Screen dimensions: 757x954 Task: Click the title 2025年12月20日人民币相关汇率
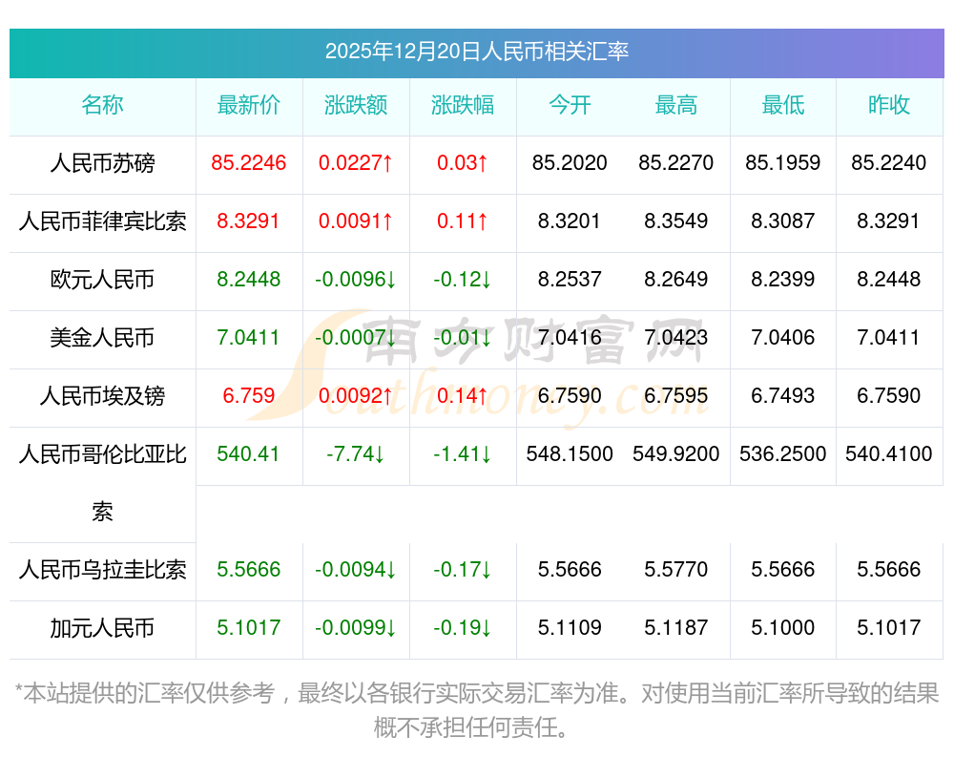coord(476,52)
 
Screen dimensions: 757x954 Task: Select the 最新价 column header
coord(249,105)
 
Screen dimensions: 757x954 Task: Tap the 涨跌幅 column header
coord(463,105)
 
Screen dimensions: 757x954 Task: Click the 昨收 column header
coord(889,105)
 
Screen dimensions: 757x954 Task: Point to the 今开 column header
coord(570,105)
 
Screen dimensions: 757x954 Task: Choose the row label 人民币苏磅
coord(102,163)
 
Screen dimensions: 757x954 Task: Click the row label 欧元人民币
coord(102,280)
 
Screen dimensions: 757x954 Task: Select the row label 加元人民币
coord(102,628)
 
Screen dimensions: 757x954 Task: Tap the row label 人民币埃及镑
coord(102,396)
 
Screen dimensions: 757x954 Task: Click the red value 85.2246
coord(249,163)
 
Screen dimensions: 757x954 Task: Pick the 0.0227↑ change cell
coord(356,163)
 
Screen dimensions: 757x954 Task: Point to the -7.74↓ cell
coord(356,454)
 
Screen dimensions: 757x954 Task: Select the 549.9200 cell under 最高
coord(676,454)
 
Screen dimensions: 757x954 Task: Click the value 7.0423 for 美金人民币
coord(676,338)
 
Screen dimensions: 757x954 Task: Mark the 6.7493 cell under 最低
coord(783,396)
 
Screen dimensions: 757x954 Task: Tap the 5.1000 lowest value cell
coord(783,628)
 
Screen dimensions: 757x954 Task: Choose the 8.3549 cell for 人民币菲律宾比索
coord(676,221)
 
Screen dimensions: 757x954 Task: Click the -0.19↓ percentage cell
coord(463,628)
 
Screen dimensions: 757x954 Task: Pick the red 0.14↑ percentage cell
coord(463,396)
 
